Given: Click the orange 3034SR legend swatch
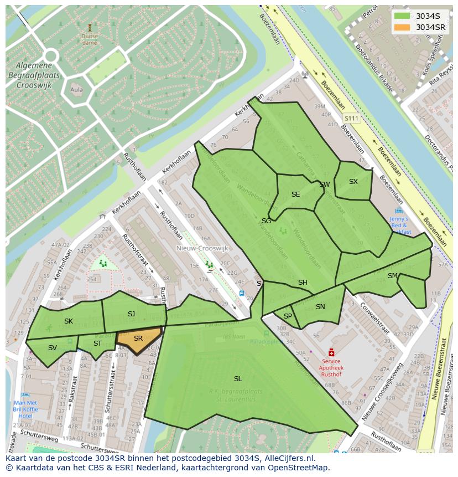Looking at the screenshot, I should point(403,27).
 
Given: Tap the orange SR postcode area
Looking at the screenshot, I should point(138,338).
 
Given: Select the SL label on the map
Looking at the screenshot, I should point(238,379).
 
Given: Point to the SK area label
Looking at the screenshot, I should point(69,321).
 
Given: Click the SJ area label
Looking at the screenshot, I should point(131,314).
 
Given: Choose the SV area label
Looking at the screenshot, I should point(53,348).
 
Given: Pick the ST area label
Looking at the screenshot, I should point(97,343).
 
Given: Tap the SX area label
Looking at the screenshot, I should point(353,182).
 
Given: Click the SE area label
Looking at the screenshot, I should point(295,194).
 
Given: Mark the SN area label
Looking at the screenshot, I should point(320,307).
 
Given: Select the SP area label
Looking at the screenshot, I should point(288,316).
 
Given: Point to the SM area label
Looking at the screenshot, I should point(392,276).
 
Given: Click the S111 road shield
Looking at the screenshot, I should point(351,119).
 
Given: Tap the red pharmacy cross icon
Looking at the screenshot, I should point(331,352).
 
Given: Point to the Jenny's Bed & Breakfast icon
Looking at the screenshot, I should point(399,211).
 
